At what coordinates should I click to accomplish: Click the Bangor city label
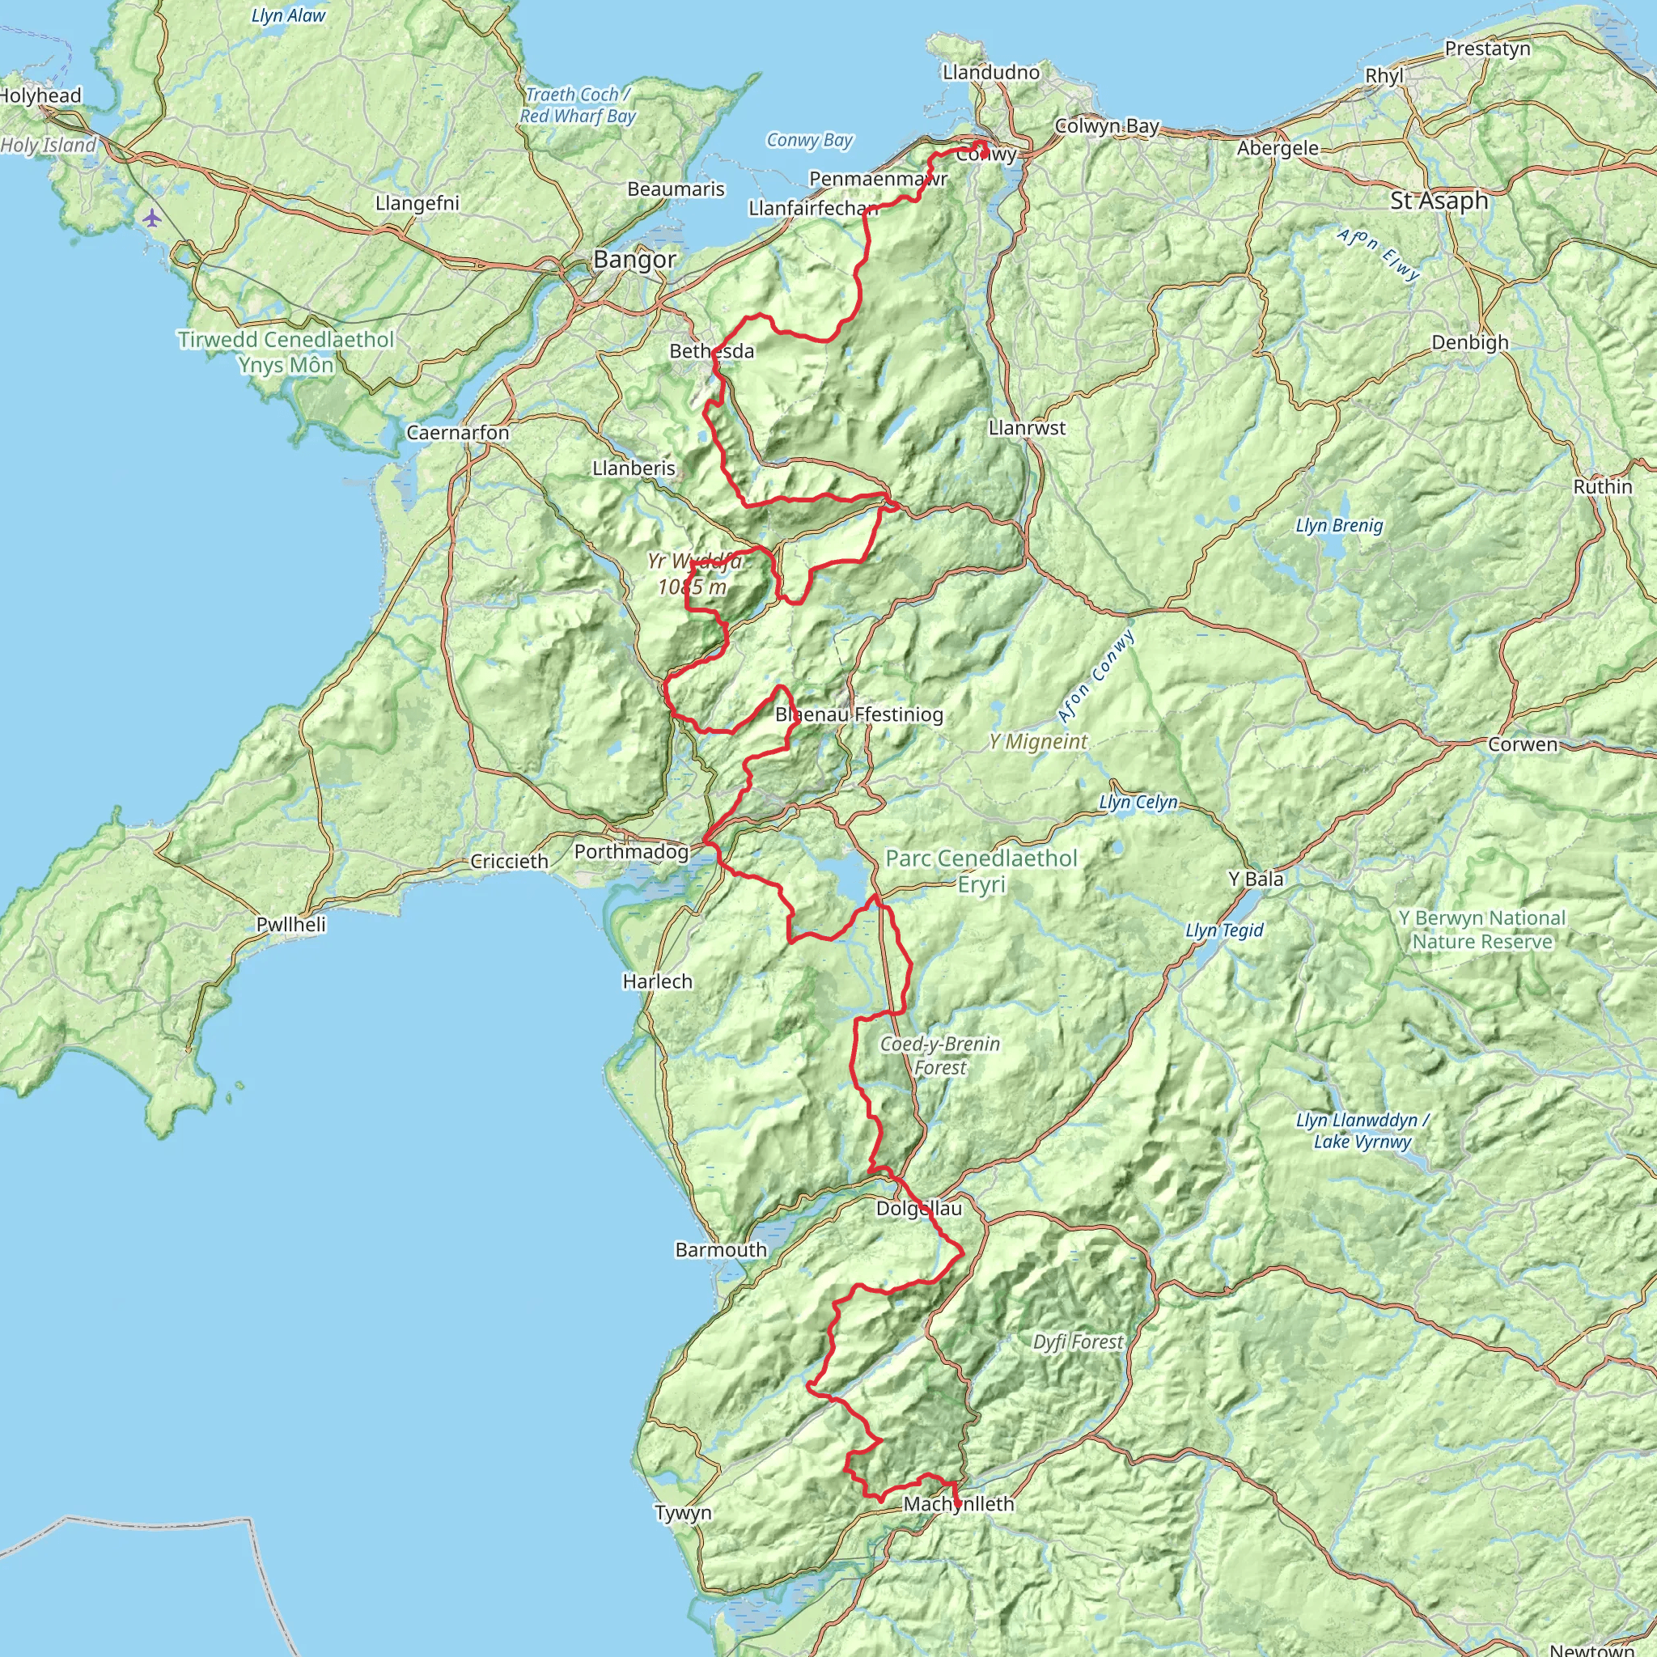coord(634,259)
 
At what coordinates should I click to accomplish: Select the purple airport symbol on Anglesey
coord(152,218)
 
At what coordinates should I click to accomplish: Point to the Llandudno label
coord(990,72)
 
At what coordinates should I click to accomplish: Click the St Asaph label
coord(1439,201)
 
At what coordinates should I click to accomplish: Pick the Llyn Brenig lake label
coord(1339,526)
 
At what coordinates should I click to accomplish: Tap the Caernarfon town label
coord(457,432)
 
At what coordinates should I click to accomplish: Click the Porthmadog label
coord(631,852)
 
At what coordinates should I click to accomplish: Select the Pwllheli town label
coord(291,925)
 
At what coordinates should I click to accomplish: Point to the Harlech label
coord(657,981)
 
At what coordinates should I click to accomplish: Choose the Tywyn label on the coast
coord(683,1513)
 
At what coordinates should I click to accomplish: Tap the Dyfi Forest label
coord(1077,1342)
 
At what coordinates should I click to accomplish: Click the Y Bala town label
coord(1256,879)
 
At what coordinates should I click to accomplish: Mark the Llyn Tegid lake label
coord(1224,930)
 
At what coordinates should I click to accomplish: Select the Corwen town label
coord(1523,744)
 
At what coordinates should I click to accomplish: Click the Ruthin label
coord(1602,487)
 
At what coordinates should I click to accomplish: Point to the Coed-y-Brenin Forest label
coord(940,1056)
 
